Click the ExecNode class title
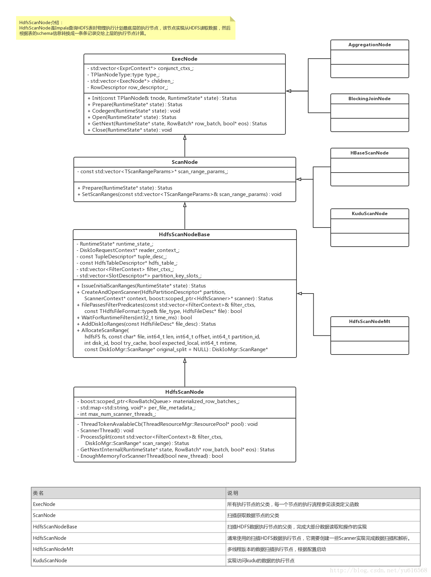pos(184,59)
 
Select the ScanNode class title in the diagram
pos(184,162)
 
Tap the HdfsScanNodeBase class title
pos(184,235)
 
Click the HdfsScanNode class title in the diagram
pos(184,392)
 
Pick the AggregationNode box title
pos(370,45)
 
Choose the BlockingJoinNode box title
pos(370,99)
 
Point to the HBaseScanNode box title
pos(370,153)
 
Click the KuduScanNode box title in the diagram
pos(370,214)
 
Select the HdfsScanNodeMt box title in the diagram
pos(370,322)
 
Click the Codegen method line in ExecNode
pos(134,111)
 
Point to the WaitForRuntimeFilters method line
pos(137,318)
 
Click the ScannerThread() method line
pos(107,431)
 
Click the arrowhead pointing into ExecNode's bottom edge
pos(185,137)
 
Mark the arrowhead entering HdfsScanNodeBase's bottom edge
pos(185,361)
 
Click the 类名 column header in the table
pos(38,493)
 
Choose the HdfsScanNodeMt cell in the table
pos(53,549)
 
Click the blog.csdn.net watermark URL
pos(378,570)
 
